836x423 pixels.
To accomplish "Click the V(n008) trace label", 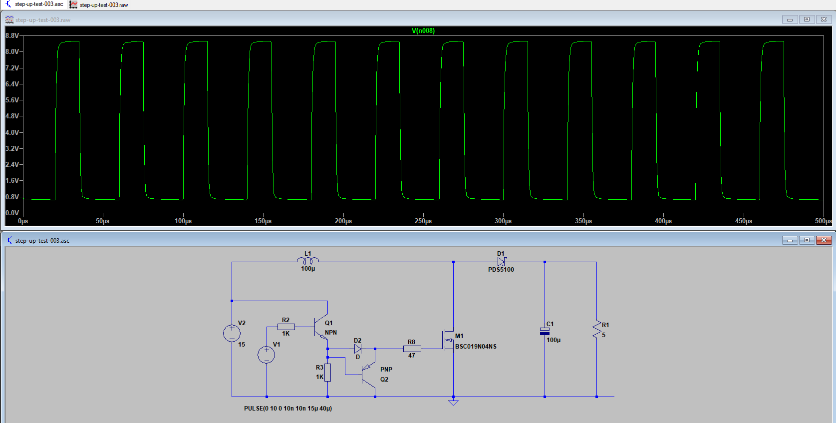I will click(423, 30).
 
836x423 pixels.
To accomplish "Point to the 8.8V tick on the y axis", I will click(12, 36).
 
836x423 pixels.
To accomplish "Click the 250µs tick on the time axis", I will click(423, 221).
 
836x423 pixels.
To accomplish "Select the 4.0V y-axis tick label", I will click(12, 132).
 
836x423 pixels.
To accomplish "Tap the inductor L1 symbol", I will click(308, 261).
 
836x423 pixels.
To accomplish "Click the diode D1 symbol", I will click(501, 262).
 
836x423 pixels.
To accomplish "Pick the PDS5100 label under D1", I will click(501, 270).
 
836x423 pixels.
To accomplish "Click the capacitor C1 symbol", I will click(545, 331).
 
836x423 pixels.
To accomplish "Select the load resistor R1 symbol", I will click(596, 330).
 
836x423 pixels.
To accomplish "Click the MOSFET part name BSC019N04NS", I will click(476, 347).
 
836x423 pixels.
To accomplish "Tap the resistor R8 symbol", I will click(412, 349).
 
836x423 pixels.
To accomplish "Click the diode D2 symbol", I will click(358, 349).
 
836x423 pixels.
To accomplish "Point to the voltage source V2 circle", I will click(232, 333).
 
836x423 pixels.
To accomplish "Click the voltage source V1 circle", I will click(267, 355).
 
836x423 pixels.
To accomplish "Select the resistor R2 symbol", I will click(286, 327).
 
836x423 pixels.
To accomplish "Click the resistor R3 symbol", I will click(327, 373).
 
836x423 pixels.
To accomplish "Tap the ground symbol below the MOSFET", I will click(453, 402).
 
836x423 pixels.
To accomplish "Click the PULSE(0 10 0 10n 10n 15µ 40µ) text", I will click(288, 409).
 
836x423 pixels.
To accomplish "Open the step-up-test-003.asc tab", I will click(35, 4).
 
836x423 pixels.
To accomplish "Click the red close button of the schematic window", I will click(824, 240).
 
